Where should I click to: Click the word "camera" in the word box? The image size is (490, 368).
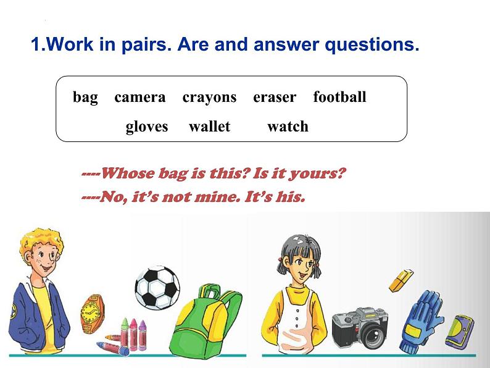click(139, 97)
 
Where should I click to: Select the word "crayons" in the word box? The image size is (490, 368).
click(209, 98)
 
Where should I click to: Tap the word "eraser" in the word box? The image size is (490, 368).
click(275, 98)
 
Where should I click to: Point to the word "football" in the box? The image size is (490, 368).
click(339, 96)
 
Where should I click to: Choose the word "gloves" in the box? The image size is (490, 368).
click(147, 127)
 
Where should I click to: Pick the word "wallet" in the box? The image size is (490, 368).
click(209, 127)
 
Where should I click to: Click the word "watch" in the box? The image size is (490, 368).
click(288, 127)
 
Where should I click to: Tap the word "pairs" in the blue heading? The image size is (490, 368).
click(146, 44)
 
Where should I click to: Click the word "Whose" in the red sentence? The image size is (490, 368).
click(128, 174)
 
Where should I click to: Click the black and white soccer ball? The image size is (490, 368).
click(157, 288)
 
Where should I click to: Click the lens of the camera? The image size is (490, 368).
click(373, 336)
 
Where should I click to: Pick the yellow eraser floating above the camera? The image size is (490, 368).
click(401, 280)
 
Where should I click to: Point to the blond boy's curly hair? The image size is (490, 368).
click(40, 242)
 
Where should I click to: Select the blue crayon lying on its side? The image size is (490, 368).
click(112, 348)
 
